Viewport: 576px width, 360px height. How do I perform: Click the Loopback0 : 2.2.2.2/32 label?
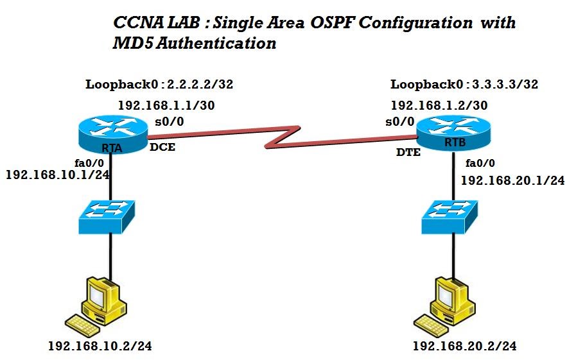tap(159, 84)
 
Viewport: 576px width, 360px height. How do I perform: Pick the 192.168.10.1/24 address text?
tap(57, 175)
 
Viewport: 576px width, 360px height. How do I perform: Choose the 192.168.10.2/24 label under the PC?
tap(100, 347)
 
